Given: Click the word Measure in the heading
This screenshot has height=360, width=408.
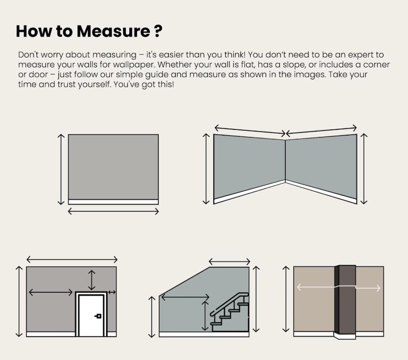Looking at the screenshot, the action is click(113, 31).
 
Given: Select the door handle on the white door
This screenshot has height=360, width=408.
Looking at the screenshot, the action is click(98, 316).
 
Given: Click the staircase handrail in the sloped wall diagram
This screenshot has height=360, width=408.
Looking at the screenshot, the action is click(229, 303).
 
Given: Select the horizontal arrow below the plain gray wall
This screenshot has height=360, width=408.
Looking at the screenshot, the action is click(113, 211).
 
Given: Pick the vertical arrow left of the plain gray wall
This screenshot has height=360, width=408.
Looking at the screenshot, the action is click(61, 169).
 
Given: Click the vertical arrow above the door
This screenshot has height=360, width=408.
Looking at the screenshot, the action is click(92, 280).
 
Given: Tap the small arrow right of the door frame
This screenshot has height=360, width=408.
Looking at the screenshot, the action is click(112, 292).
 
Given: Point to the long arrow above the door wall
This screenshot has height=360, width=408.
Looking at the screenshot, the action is click(72, 259).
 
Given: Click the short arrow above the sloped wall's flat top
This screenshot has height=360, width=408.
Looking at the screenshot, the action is click(229, 261).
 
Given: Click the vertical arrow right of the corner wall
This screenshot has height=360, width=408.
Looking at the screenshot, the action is click(364, 169).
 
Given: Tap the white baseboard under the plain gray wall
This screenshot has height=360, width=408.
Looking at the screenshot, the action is click(113, 202).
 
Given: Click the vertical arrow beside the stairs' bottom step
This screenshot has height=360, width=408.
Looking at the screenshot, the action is click(205, 316).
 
